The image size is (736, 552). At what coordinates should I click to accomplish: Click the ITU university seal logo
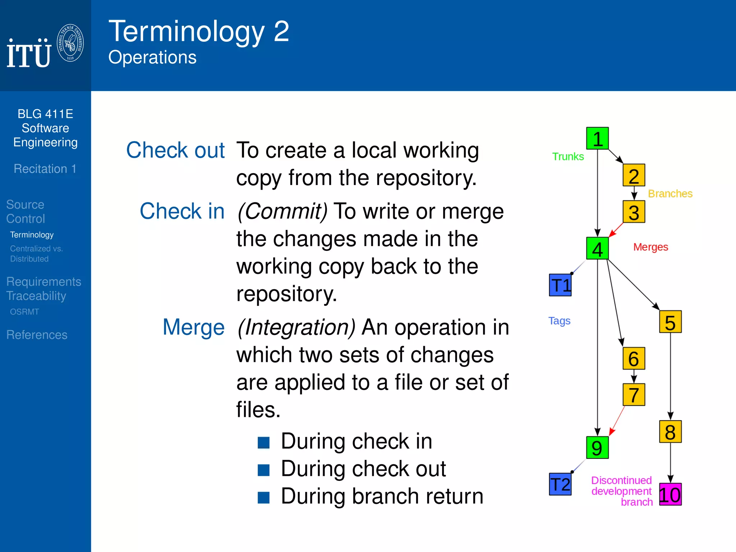coord(70,43)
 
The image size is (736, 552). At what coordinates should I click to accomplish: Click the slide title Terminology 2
coord(199,32)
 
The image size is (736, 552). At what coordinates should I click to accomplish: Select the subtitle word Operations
coord(152,57)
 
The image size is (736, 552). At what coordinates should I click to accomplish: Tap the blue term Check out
coord(175,150)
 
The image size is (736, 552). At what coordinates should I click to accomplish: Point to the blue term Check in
coord(182,211)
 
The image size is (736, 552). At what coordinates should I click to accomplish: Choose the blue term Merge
coord(193,327)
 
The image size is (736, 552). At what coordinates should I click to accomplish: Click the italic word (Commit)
coord(282,211)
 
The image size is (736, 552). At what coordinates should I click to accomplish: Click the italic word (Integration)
coord(296,327)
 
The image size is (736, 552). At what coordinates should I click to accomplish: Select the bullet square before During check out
coord(263,470)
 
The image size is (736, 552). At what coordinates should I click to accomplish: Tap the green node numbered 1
coord(597,138)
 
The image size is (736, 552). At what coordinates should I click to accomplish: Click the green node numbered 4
coord(597,249)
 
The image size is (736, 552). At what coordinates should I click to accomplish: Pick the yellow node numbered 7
coord(634,395)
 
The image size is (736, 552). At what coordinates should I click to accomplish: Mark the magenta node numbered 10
coord(670,494)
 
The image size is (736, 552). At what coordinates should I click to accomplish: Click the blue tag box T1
coord(560,285)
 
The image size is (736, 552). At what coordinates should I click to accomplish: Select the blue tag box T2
coord(560,484)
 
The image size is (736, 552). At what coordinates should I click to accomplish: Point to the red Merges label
coord(650,247)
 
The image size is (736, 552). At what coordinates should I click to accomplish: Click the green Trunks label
coord(568,157)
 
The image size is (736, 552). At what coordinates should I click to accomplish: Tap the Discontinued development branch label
coord(622,491)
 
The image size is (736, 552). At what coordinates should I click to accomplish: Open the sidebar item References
coord(37,335)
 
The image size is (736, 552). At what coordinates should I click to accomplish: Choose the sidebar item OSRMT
coord(24,312)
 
